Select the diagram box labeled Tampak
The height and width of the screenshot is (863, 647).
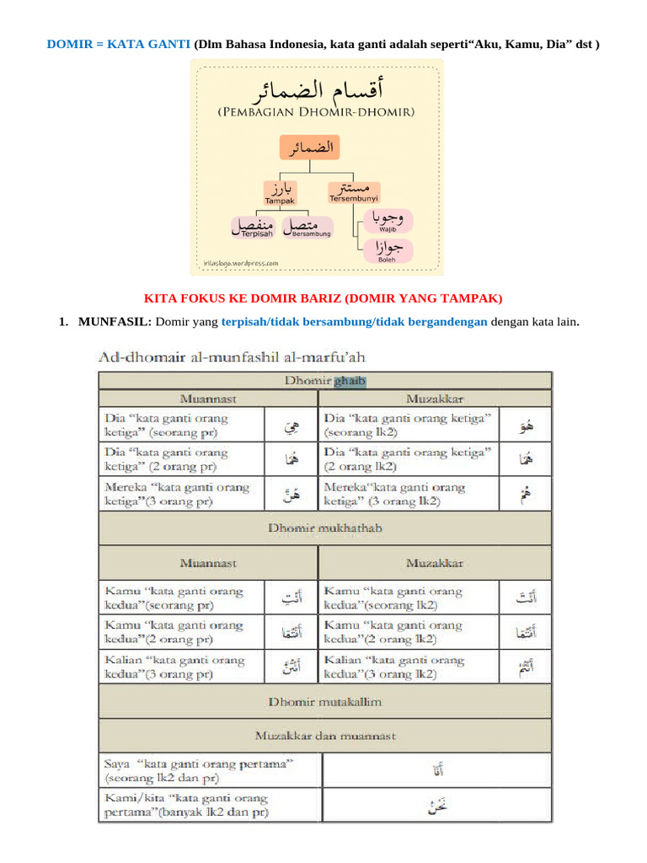(x=280, y=193)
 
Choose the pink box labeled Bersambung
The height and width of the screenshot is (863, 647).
(x=307, y=226)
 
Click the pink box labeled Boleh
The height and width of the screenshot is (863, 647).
(x=387, y=251)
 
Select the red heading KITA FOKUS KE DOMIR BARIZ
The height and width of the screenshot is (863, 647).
(x=323, y=298)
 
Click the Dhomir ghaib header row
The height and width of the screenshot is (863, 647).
(x=325, y=381)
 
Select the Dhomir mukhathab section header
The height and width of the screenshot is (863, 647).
(x=325, y=528)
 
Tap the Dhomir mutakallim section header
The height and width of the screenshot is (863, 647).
(x=325, y=701)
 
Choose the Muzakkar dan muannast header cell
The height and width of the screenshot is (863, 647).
(x=325, y=736)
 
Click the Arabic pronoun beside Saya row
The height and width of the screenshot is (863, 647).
(x=437, y=769)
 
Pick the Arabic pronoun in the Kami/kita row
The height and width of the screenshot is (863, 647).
(x=437, y=806)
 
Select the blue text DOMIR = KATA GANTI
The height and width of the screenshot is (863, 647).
(x=118, y=43)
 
